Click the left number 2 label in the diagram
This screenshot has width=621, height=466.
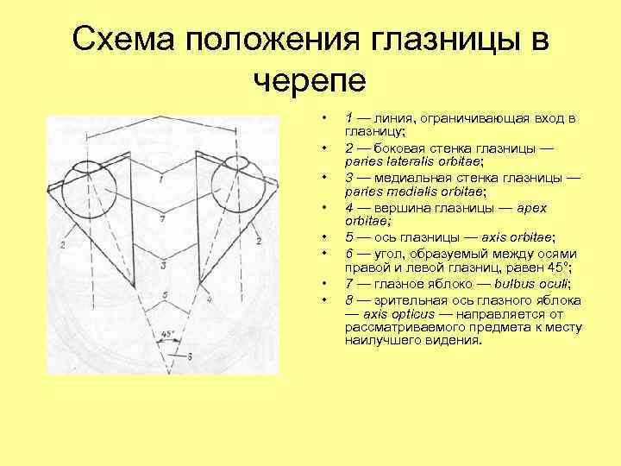pos(62,245)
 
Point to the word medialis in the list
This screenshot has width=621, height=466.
pos(407,191)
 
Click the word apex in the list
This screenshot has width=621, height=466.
pos(533,207)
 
